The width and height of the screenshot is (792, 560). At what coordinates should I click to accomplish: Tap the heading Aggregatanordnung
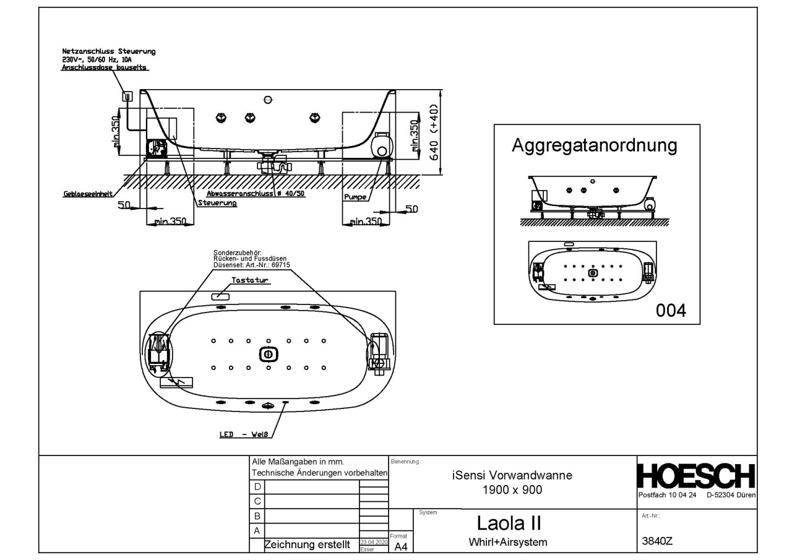593,147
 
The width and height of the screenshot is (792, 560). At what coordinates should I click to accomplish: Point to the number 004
671,310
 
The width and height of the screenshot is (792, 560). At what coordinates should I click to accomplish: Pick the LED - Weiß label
245,434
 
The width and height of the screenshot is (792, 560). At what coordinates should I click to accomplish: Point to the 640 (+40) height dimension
436,132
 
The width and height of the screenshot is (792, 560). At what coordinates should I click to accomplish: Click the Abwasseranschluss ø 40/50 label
256,193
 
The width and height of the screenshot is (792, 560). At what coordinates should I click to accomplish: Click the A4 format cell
401,546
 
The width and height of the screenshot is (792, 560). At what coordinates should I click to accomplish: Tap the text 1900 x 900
512,489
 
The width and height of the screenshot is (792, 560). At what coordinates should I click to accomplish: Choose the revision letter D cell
257,488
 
